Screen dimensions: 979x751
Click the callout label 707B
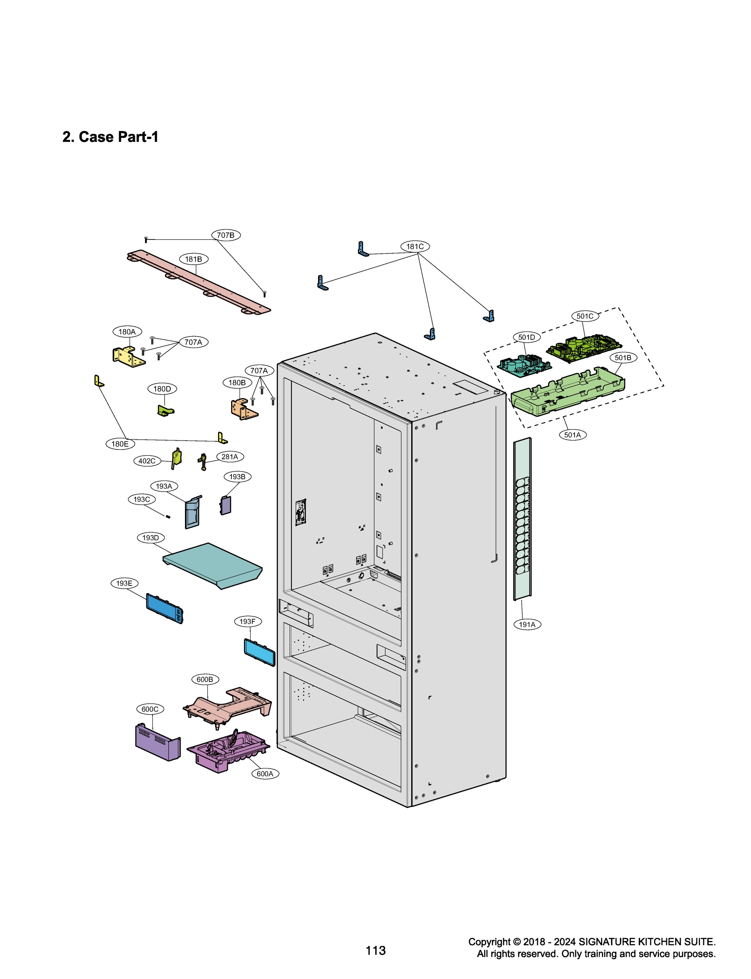coord(225,235)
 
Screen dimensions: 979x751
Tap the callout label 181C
coord(414,246)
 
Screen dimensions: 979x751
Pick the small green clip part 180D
coord(165,410)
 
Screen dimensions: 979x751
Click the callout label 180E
coord(120,444)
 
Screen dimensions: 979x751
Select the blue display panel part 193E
coord(164,609)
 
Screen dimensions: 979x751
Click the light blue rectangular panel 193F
coord(259,652)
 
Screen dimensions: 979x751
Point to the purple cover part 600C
coord(157,743)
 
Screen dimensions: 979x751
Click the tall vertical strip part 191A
coord(522,519)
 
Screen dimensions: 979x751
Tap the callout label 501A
coord(573,435)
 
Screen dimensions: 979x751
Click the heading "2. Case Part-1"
coord(110,137)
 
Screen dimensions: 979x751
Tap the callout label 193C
coord(142,499)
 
